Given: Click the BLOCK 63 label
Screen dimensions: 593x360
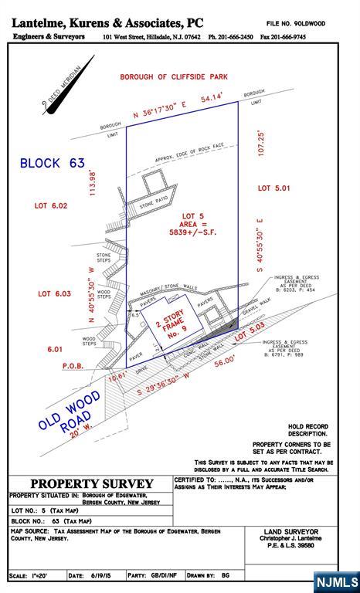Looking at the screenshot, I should pyautogui.click(x=52, y=163).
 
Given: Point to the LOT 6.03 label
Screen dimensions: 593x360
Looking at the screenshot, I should pyautogui.click(x=54, y=293).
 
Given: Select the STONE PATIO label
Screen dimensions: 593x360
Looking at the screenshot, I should pyautogui.click(x=155, y=205).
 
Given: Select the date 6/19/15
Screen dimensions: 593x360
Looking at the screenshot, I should pyautogui.click(x=98, y=576).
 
